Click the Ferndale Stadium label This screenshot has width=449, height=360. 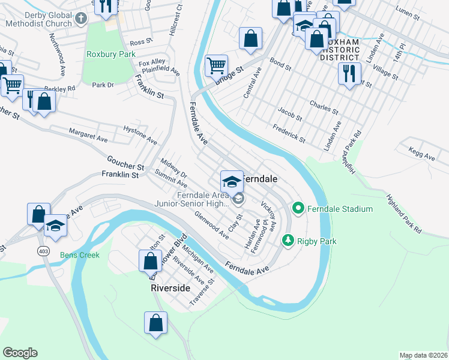point(340,209)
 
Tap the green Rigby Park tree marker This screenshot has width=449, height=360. point(289,241)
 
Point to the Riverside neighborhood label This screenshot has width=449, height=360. point(170,288)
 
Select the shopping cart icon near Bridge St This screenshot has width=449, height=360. point(216,65)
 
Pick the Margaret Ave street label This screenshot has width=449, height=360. point(88,135)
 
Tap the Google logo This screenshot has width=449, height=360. point(20,353)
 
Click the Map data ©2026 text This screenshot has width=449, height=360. point(423,355)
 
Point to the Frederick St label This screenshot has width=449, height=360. point(289,133)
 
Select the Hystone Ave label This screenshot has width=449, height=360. point(140,136)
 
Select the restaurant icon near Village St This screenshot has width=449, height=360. point(349,73)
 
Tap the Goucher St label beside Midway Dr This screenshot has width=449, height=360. point(125,162)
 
